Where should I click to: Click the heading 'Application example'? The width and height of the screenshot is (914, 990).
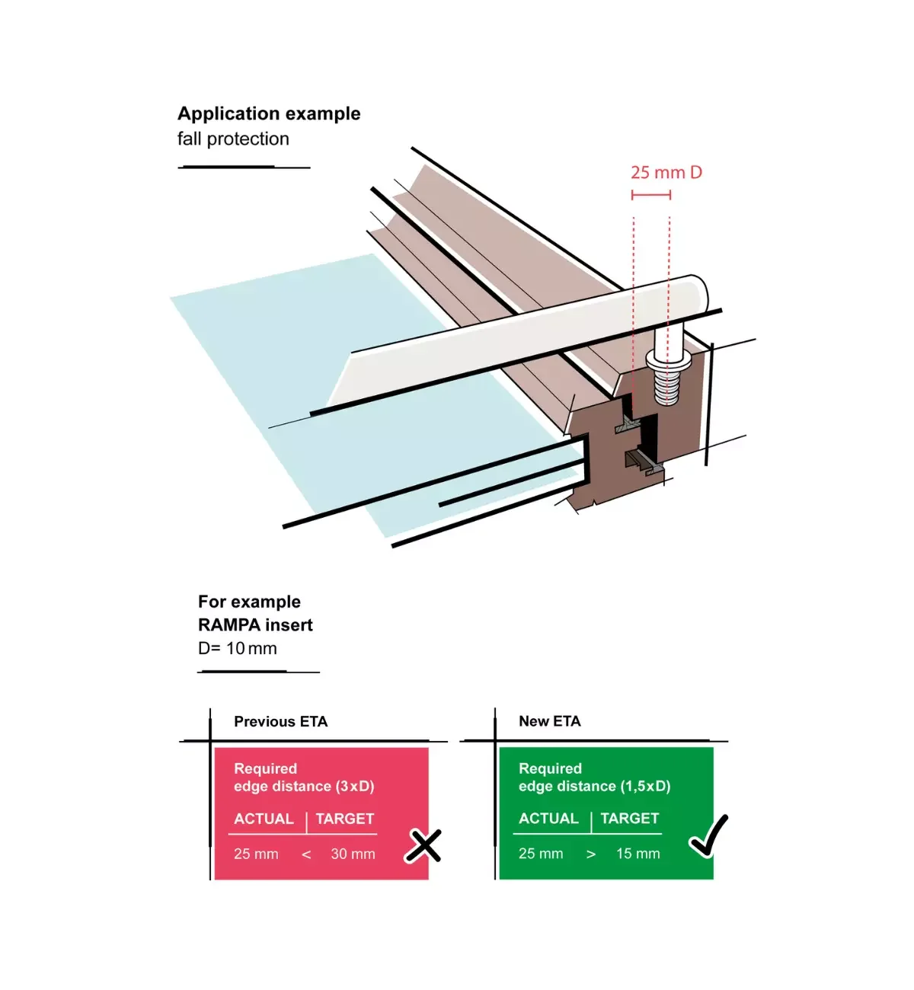(269, 113)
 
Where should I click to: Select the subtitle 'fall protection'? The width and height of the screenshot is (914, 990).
(233, 139)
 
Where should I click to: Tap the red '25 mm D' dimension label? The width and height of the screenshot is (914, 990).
(666, 172)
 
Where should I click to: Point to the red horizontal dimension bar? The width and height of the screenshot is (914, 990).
(651, 195)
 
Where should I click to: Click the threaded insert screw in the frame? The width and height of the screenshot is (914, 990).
(667, 377)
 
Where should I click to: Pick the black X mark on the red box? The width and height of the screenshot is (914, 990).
(423, 845)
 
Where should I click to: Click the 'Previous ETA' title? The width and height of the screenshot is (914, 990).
(280, 721)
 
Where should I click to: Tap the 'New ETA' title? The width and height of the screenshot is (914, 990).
(549, 721)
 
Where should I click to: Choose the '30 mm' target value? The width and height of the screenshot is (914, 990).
(353, 854)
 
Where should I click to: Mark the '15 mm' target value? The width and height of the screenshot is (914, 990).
(638, 854)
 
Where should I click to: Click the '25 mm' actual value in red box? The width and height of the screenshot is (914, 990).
(256, 854)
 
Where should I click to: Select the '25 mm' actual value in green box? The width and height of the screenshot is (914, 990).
(541, 854)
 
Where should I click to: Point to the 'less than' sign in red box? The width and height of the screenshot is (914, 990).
(306, 854)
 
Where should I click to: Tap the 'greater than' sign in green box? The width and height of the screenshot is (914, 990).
(591, 854)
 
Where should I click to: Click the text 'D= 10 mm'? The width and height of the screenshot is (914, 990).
(238, 648)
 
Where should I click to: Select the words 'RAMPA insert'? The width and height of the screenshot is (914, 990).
(255, 625)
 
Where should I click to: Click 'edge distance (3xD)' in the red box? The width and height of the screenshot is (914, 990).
(304, 786)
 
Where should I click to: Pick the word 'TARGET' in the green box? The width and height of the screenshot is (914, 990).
(629, 819)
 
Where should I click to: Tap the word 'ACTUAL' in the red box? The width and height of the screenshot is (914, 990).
(264, 819)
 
